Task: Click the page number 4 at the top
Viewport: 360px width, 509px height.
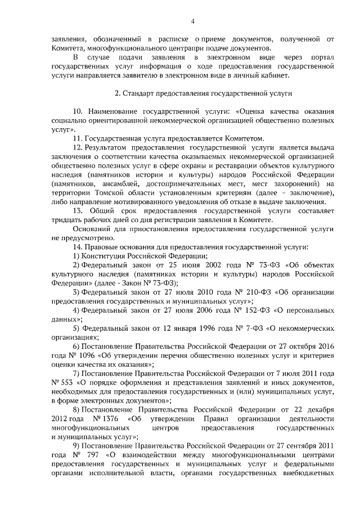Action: pos(193,21)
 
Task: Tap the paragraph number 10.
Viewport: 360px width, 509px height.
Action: pos(79,111)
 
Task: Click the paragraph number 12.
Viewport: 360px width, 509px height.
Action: pos(79,147)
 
